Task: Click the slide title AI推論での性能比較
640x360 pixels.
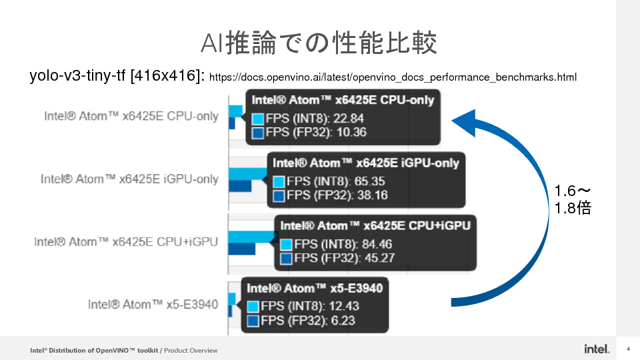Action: click(x=319, y=43)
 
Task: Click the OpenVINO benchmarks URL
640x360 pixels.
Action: click(x=393, y=77)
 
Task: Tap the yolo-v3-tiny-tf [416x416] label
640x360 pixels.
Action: click(x=117, y=76)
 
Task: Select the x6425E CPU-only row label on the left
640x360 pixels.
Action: click(x=131, y=116)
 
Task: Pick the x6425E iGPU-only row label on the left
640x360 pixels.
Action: click(x=129, y=179)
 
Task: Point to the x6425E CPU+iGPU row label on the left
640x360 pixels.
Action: click(x=126, y=241)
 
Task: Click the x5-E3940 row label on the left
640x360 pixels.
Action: click(x=153, y=304)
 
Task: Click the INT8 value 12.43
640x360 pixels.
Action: click(x=343, y=307)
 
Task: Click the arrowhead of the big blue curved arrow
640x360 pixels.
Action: click(x=467, y=121)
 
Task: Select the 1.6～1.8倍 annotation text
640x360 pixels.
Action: click(x=573, y=200)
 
